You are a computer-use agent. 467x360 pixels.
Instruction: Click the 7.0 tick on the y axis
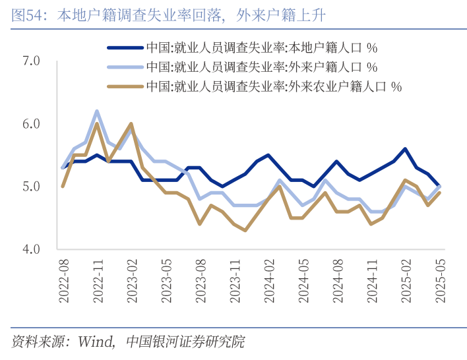click(x=32, y=61)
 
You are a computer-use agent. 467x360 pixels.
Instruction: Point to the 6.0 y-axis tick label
click(x=32, y=124)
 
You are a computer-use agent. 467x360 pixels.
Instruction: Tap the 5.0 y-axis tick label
click(x=32, y=187)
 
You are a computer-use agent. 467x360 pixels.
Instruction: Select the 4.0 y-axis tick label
click(x=32, y=249)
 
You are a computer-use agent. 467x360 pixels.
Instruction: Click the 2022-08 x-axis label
click(x=64, y=280)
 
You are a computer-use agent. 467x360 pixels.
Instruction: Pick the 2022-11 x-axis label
click(x=98, y=280)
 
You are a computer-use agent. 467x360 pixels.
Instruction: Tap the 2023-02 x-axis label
click(x=132, y=280)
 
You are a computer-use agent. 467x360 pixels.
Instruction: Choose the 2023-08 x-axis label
click(x=201, y=280)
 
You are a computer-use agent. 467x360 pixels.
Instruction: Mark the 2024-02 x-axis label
click(x=268, y=280)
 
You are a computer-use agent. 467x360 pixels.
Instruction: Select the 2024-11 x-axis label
click(x=371, y=280)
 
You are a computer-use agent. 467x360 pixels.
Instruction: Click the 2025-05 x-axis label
click(x=439, y=280)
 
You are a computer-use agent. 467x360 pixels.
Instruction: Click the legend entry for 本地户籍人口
click(x=261, y=47)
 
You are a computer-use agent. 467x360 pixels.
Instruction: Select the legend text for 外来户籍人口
click(x=261, y=67)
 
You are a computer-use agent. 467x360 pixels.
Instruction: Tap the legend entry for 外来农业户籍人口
click(x=274, y=86)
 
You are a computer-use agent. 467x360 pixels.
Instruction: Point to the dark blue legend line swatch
click(x=124, y=47)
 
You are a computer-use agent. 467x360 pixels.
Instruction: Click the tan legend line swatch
click(x=124, y=86)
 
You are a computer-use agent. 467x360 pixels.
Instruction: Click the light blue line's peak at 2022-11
click(x=97, y=111)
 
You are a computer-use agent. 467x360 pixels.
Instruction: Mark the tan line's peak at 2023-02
click(x=131, y=123)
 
